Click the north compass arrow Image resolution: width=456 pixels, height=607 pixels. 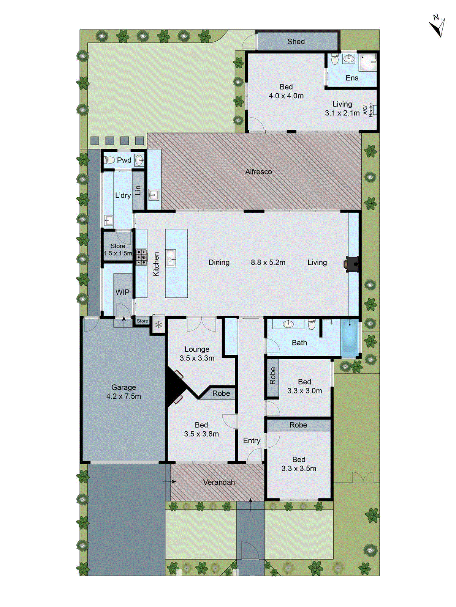point(438,27)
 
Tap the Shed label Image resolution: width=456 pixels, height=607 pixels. point(296,41)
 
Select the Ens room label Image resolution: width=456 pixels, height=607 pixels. point(352,78)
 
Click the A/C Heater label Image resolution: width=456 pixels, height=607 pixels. point(368,109)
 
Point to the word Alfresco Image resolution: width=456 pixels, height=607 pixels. point(258,172)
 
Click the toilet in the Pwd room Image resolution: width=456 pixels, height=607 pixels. point(109,160)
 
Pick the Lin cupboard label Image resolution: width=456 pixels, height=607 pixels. point(138,190)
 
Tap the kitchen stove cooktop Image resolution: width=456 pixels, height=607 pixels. point(141,257)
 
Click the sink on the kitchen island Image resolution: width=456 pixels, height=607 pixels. point(171,258)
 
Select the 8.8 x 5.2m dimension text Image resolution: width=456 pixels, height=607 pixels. point(268,263)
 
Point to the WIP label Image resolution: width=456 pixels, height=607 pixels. point(122,292)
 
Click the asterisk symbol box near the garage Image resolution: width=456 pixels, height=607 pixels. point(158,325)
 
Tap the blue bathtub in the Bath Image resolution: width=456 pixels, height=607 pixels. point(350,337)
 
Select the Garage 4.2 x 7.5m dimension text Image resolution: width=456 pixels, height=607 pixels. point(123,396)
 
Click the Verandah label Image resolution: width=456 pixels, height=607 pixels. point(219,482)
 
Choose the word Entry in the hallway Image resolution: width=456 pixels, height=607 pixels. point(252,440)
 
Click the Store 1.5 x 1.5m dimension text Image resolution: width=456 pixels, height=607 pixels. point(118,253)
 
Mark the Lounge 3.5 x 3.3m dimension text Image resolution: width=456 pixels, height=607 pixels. point(197,358)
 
